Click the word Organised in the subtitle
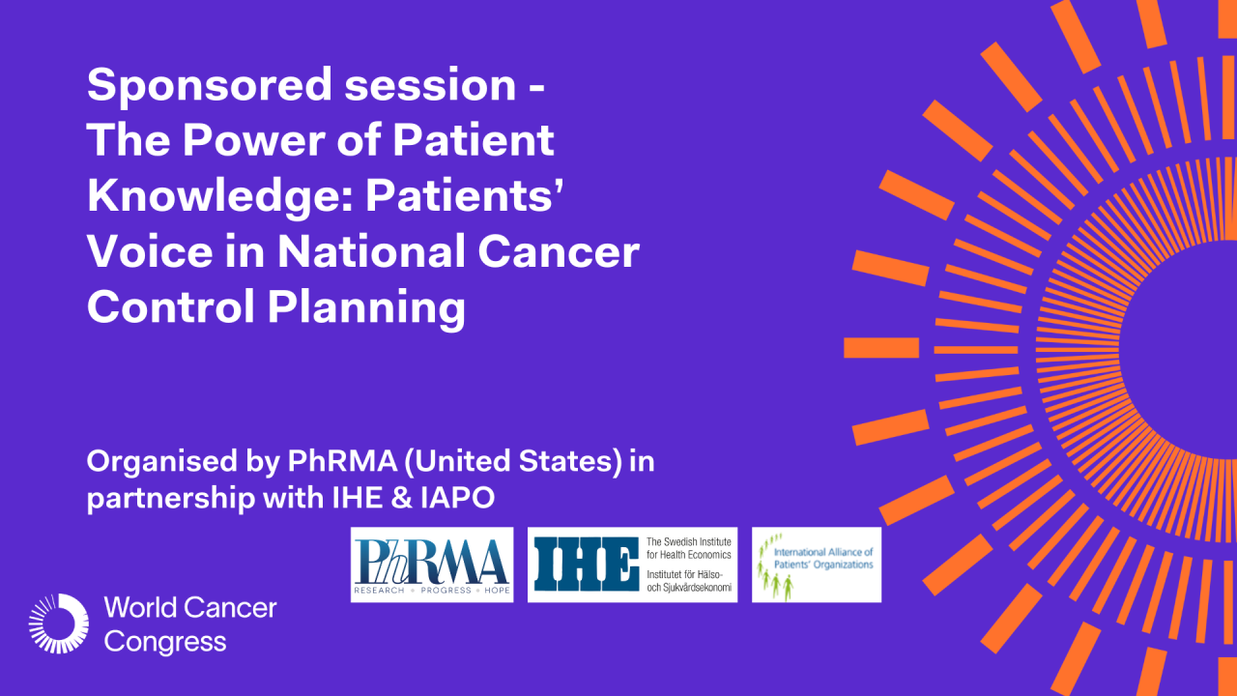[150, 462]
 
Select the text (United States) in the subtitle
[512, 461]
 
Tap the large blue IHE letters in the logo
[585, 565]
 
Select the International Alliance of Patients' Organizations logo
[817, 565]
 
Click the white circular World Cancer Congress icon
[59, 623]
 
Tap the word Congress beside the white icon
[165, 641]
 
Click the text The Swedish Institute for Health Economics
[688, 548]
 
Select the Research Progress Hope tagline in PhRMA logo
[431, 590]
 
